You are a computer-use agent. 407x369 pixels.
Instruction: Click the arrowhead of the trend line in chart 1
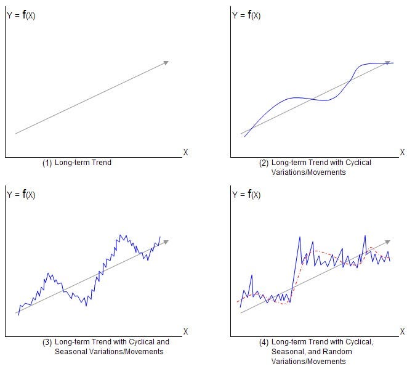pos(166,62)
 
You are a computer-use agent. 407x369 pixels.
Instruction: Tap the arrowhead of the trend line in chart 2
pos(388,63)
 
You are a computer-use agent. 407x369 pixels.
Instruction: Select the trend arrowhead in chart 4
pos(387,241)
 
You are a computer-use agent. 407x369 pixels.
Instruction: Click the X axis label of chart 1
pos(185,152)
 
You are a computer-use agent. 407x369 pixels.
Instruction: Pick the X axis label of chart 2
pos(402,152)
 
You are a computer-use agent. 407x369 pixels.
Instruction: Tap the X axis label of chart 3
pos(185,331)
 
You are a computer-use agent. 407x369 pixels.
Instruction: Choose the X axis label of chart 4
pos(402,331)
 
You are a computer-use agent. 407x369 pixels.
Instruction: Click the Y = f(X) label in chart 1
pos(21,15)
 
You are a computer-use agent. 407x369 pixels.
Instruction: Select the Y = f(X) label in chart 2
pos(246,15)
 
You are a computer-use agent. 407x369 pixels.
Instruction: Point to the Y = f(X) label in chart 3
pos(21,195)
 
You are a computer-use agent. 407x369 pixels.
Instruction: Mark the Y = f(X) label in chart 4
pos(246,195)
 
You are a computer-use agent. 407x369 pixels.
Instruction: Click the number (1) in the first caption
pos(47,163)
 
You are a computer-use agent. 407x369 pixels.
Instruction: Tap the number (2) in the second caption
pos(264,163)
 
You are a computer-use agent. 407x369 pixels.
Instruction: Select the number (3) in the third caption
pos(47,342)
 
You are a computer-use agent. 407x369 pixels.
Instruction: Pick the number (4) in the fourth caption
pos(264,342)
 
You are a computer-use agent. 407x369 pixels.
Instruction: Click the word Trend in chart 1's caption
pos(101,163)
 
